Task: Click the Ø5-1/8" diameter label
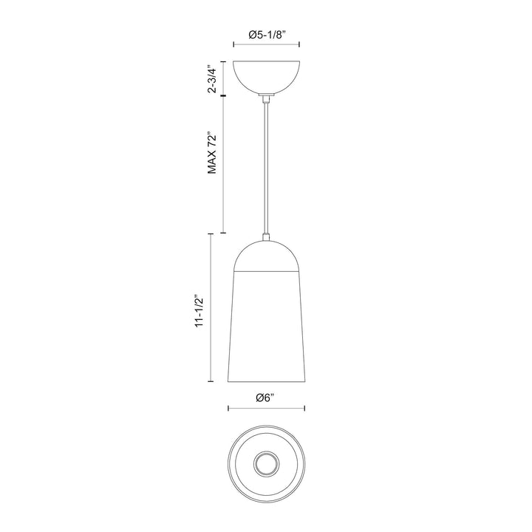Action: (267, 35)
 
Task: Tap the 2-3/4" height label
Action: (212, 78)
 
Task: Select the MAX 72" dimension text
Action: (212, 154)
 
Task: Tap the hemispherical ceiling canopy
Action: (267, 76)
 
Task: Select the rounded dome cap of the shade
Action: (266, 256)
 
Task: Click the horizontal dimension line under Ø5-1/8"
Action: (267, 48)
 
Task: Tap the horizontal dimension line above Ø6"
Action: (266, 408)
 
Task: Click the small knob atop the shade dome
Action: (266, 238)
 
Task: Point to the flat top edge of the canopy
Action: (267, 61)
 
